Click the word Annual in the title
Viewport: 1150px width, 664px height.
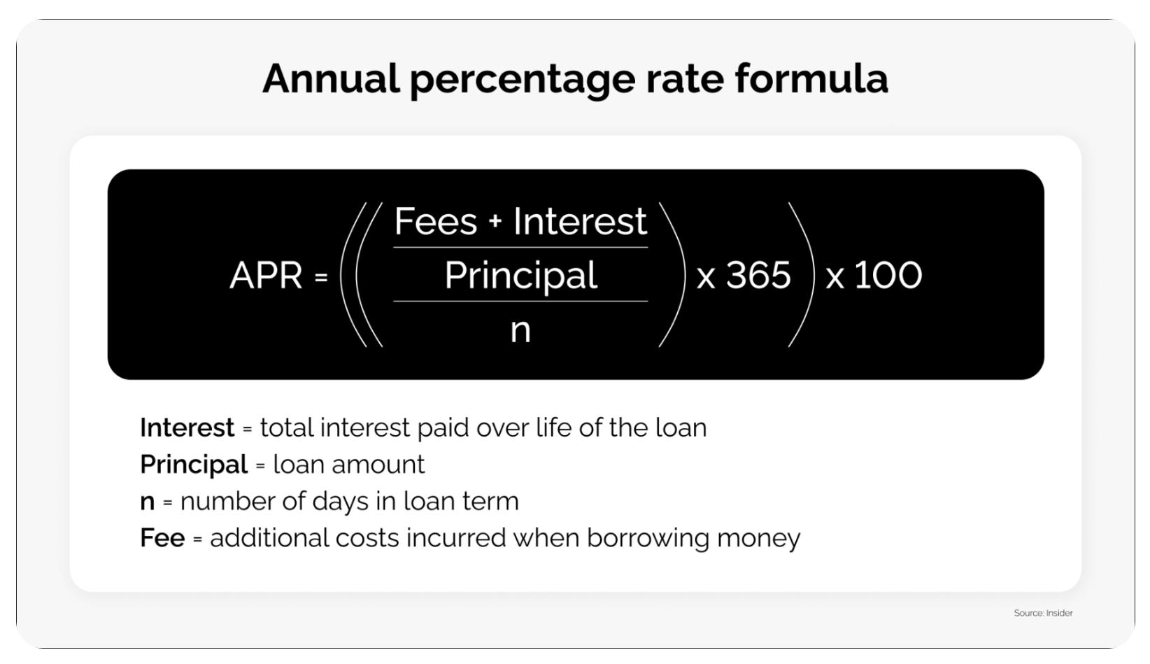tap(331, 78)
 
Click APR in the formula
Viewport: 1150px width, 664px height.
tap(266, 275)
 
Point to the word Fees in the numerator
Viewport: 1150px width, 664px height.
tap(436, 221)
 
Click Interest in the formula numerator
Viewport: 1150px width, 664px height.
tap(580, 221)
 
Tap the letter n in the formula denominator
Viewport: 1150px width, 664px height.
tap(520, 331)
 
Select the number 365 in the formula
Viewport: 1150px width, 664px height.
tap(758, 275)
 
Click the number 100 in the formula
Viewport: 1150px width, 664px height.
tap(888, 275)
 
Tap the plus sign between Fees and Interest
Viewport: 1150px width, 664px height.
tap(495, 222)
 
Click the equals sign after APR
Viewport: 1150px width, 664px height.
tap(321, 277)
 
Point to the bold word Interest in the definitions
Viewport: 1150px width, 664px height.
tap(187, 428)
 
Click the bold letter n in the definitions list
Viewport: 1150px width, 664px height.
tap(148, 502)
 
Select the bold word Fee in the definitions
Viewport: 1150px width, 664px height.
tap(162, 537)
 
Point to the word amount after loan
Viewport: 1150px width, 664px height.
tap(378, 465)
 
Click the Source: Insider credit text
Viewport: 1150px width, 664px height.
tap(1043, 613)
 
